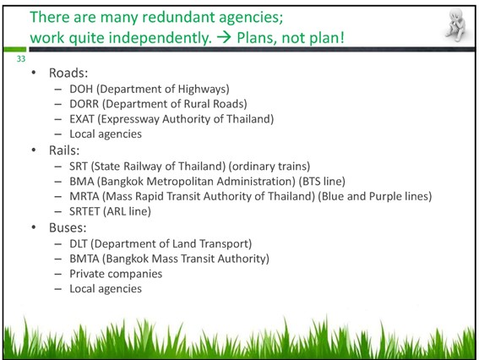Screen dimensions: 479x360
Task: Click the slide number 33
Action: coord(21,58)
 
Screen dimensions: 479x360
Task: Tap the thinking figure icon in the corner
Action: coord(455,25)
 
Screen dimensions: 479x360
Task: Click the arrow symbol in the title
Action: coord(224,38)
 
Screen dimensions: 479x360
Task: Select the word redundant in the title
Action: coord(179,17)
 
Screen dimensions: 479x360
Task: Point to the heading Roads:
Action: coord(68,73)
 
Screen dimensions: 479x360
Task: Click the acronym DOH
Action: coord(81,89)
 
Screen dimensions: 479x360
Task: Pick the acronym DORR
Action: coord(84,104)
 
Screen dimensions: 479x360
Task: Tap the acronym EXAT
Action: coord(82,119)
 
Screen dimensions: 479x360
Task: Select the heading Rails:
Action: coord(64,150)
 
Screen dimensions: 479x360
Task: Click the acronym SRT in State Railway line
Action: coord(79,166)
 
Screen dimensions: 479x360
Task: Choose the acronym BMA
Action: coord(82,181)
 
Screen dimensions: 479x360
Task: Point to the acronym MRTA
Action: coord(84,196)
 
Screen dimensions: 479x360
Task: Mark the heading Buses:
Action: coord(68,227)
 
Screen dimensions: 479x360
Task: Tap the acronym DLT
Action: coord(79,243)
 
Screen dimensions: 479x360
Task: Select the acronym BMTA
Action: coord(84,259)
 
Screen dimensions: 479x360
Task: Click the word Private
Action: coord(86,274)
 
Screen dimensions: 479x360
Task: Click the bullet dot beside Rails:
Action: coord(34,150)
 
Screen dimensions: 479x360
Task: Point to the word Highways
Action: coord(202,90)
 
